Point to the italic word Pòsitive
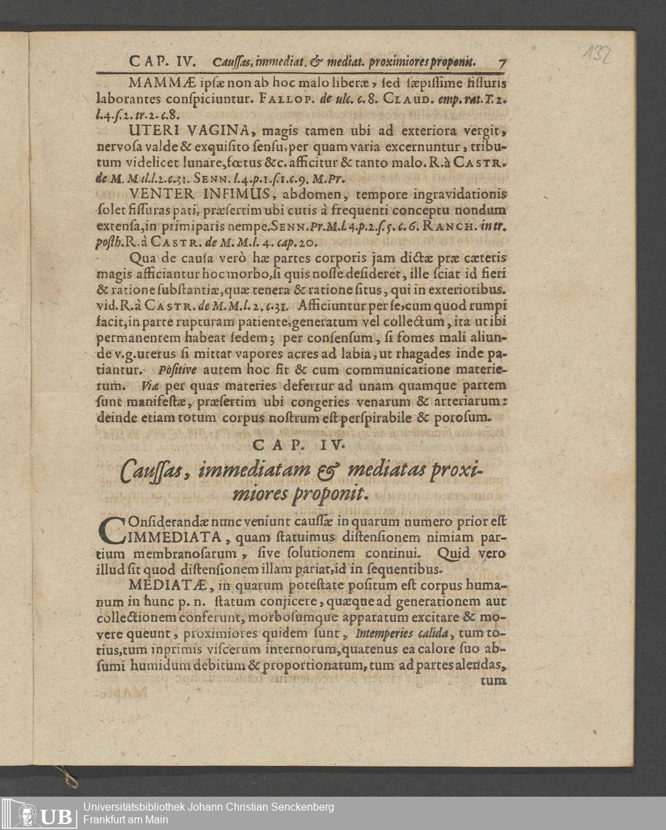click(x=177, y=369)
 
